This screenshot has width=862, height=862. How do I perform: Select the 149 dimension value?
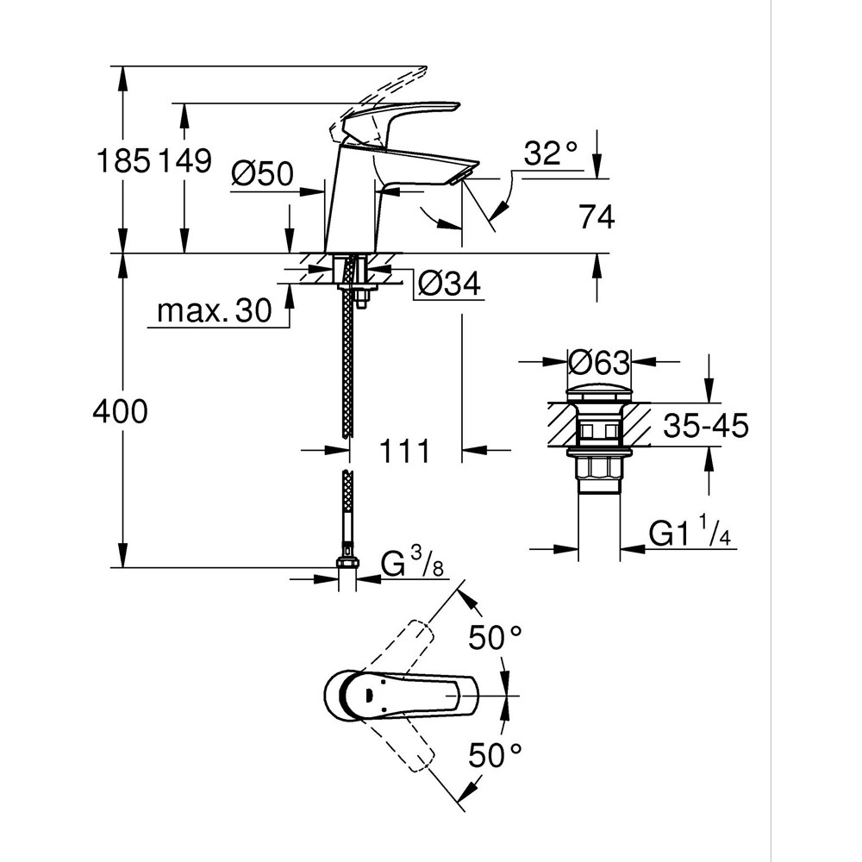pos(183,161)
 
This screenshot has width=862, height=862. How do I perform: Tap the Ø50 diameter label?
pos(262,175)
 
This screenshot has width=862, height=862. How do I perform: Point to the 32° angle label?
pos(551,155)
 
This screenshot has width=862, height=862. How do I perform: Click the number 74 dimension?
pos(597,219)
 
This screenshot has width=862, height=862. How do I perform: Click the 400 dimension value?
pos(121,412)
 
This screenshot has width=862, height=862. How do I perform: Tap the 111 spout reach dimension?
pos(405,450)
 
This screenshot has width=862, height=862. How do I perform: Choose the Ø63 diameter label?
pos(599,363)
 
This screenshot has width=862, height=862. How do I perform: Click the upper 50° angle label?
pos(496,638)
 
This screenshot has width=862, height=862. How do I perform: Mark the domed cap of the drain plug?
pos(598,393)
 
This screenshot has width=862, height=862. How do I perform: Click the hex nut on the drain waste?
pos(598,468)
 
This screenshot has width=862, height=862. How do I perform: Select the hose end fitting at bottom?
pos(347,565)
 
